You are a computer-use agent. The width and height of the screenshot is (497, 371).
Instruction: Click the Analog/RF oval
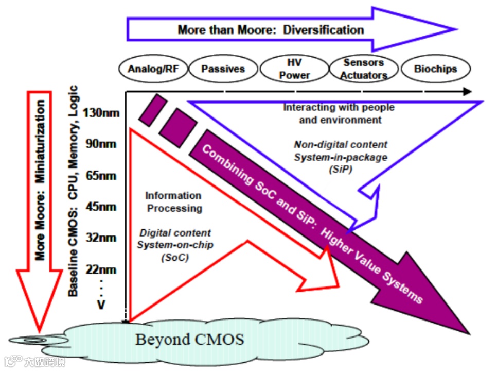[x=153, y=69]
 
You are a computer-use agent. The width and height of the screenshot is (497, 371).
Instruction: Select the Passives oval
[x=223, y=69]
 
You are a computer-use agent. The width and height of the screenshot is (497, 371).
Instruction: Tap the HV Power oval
[x=294, y=69]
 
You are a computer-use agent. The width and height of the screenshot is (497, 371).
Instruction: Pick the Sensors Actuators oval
[x=364, y=69]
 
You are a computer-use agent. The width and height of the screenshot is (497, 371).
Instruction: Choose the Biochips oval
[x=435, y=69]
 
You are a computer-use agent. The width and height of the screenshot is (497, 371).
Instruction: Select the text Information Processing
[x=173, y=202]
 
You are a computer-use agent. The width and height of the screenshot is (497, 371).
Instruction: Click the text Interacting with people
[x=339, y=107]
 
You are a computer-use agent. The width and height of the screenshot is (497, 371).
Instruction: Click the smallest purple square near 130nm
[x=152, y=109]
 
